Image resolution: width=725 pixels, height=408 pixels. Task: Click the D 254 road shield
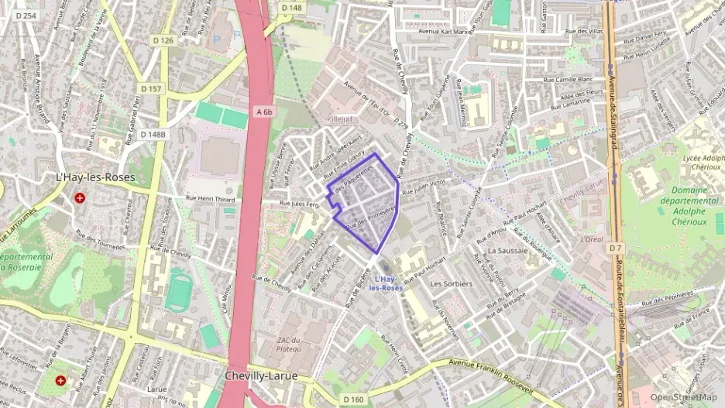tap(26, 15)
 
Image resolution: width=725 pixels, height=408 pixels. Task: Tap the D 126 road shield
tap(164, 40)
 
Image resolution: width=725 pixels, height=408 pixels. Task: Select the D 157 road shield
tap(153, 89)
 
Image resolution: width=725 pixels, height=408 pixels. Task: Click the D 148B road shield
tap(153, 134)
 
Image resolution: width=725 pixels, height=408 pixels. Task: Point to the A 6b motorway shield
tap(265, 111)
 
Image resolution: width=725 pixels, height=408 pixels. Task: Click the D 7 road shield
tap(616, 248)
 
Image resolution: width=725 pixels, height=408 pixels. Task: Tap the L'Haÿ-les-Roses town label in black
tap(95, 177)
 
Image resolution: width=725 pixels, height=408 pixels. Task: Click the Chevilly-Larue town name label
tap(261, 375)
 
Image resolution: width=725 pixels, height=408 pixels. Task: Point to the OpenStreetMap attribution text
tap(683, 397)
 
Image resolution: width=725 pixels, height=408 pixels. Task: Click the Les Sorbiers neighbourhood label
tap(451, 283)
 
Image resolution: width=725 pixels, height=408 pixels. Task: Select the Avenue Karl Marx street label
tap(444, 32)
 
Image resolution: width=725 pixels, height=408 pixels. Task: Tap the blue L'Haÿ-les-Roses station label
tap(385, 283)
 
